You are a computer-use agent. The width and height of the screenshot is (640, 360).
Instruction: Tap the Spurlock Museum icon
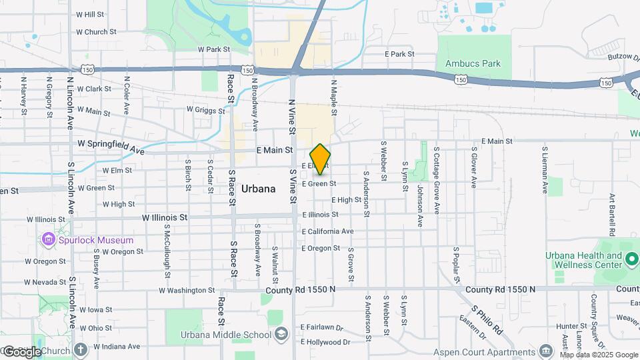(48, 239)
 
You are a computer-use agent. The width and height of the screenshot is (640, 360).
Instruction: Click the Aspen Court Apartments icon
(546, 351)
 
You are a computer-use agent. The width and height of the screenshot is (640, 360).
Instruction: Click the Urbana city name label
(258, 189)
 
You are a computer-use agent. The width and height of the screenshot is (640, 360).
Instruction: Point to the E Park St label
(400, 54)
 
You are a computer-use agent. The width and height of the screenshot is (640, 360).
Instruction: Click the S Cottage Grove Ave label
(437, 171)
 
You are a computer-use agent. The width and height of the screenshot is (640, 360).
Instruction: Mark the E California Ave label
(327, 231)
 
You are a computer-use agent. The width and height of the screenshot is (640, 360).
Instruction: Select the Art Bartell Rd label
(611, 215)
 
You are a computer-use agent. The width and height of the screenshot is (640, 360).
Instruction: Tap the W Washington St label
(187, 290)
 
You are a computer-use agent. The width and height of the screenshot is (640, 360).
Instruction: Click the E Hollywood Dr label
(325, 342)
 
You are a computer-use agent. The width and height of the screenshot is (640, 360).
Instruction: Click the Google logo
(21, 351)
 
